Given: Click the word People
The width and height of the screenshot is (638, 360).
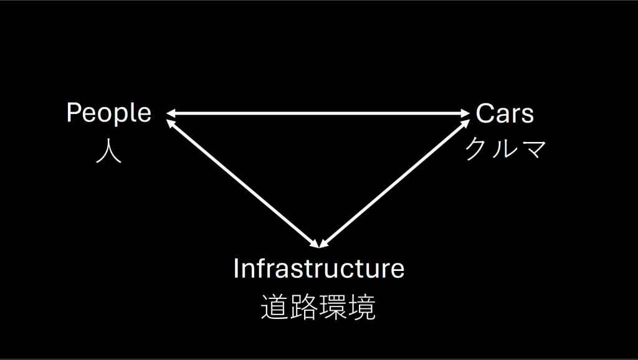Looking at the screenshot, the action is (108, 113).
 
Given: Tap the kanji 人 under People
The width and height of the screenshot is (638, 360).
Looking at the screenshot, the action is (108, 152).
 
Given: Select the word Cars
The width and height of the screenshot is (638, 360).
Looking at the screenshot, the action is (505, 113).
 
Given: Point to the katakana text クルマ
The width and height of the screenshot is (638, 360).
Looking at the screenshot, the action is (506, 148).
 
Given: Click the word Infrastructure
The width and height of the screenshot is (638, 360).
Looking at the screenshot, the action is (319, 268).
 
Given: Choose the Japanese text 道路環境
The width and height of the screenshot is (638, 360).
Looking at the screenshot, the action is (318, 306).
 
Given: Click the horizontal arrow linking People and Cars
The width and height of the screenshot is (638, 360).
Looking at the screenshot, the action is (318, 113).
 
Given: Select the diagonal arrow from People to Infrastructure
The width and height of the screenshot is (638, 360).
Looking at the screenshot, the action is (243, 183).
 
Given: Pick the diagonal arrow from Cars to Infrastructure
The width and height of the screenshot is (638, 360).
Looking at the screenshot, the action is (394, 183).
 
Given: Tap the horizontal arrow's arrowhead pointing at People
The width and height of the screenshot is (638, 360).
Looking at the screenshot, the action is (171, 113).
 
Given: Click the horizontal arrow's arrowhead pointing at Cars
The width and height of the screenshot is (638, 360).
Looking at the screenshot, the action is (466, 113).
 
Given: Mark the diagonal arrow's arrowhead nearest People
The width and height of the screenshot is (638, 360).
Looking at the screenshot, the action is (171, 123).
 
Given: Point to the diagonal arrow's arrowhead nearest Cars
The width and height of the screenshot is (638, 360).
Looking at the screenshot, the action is (465, 123).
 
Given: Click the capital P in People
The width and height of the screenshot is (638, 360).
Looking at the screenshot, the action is (74, 113).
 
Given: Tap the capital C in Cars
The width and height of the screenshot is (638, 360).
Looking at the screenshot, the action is (485, 113).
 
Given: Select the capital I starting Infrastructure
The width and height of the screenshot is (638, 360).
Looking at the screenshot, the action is (236, 268).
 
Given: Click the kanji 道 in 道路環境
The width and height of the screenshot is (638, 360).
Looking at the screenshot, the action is (275, 306).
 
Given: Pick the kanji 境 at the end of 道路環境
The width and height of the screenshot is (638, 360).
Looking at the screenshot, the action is (362, 306).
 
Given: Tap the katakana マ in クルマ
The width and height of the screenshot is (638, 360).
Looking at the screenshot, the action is (533, 149).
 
